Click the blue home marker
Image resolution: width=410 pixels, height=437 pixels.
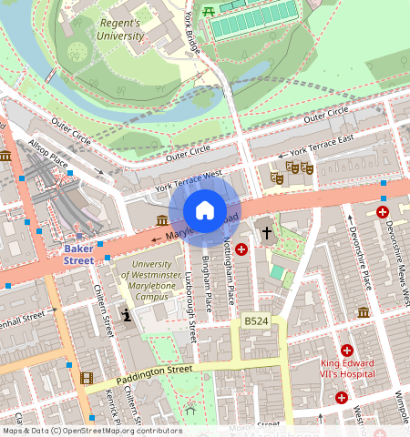coord(205,211)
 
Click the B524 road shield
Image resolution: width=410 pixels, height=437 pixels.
coord(256,321)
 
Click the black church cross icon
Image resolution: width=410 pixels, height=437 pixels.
coord(267,232)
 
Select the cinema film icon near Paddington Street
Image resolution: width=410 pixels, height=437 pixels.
coord(86,378)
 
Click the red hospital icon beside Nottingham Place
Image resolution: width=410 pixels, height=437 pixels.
coord(241,249)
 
